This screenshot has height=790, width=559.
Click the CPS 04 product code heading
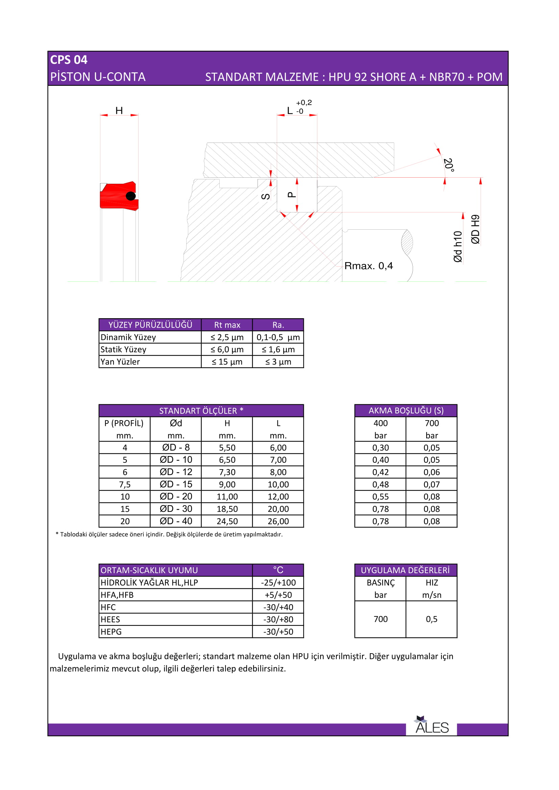(x=69, y=60)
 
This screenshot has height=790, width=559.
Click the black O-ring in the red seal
(x=130, y=196)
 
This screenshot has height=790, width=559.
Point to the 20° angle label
(x=448, y=165)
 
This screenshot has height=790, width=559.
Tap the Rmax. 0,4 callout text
(x=368, y=266)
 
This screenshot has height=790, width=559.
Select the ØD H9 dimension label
(x=476, y=229)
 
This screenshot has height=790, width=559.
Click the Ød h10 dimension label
(x=458, y=247)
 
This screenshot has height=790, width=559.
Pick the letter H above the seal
(x=119, y=110)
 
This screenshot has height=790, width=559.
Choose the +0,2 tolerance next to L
(x=304, y=103)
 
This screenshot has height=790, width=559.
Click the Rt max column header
(x=227, y=325)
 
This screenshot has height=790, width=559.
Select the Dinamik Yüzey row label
(x=128, y=337)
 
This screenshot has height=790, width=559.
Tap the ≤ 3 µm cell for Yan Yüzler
(x=278, y=362)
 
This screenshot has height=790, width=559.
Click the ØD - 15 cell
(x=176, y=484)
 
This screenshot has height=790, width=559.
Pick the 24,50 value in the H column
(x=227, y=521)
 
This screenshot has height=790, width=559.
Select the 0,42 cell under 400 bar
(x=380, y=472)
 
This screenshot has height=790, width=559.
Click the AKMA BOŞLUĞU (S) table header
(x=406, y=410)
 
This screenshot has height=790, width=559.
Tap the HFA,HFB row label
(x=117, y=595)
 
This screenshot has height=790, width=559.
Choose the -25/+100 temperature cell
(x=278, y=583)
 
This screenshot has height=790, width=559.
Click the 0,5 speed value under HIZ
(x=431, y=619)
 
